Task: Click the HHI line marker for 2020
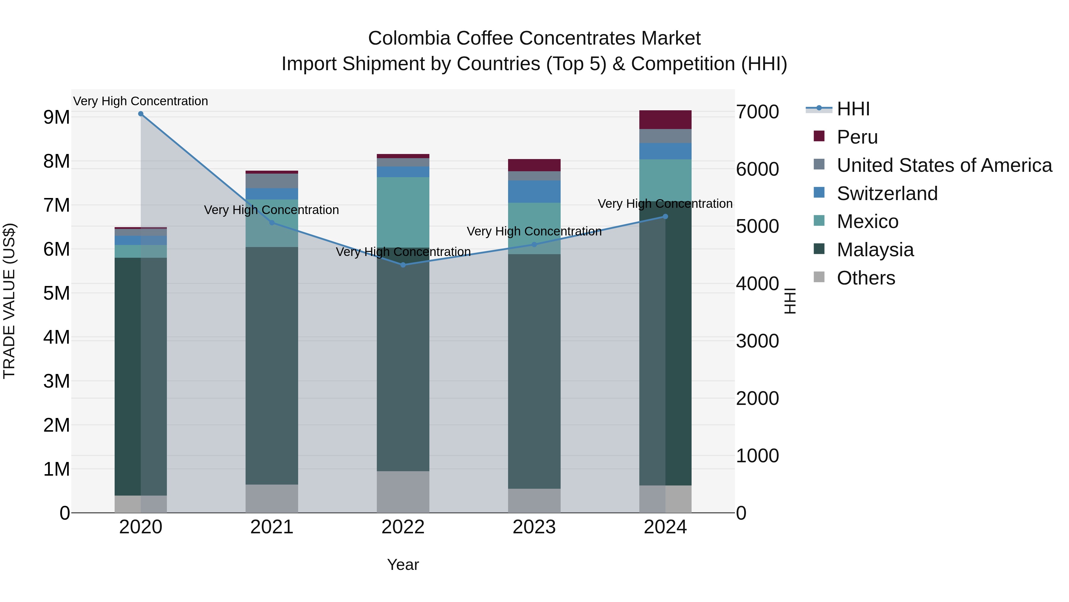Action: (x=141, y=114)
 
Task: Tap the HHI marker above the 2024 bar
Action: (x=665, y=216)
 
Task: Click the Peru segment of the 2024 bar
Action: (x=665, y=120)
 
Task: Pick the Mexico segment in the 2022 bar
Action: (x=403, y=212)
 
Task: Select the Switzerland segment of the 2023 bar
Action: (x=534, y=191)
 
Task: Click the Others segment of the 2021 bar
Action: (x=272, y=499)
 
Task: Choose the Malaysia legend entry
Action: (x=875, y=250)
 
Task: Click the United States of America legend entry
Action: (x=944, y=165)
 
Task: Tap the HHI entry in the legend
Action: (x=853, y=109)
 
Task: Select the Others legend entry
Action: (x=866, y=278)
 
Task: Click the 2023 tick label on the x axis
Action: (x=534, y=527)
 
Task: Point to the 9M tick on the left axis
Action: (x=56, y=117)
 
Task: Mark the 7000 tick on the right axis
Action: (x=757, y=112)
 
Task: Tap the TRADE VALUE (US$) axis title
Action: (x=9, y=301)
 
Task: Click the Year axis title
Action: (x=403, y=565)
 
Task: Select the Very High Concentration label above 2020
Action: (x=141, y=101)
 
